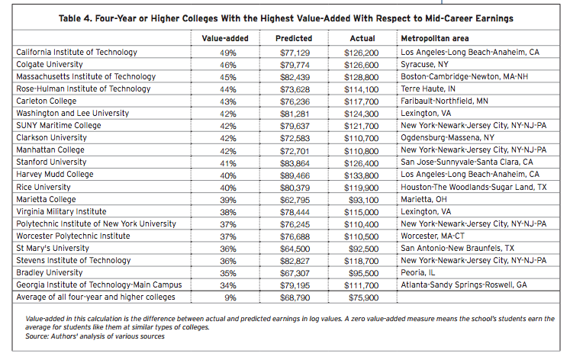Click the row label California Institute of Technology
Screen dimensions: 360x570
coord(76,52)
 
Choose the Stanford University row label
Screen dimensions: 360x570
coord(52,162)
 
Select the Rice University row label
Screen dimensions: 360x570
coord(43,186)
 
